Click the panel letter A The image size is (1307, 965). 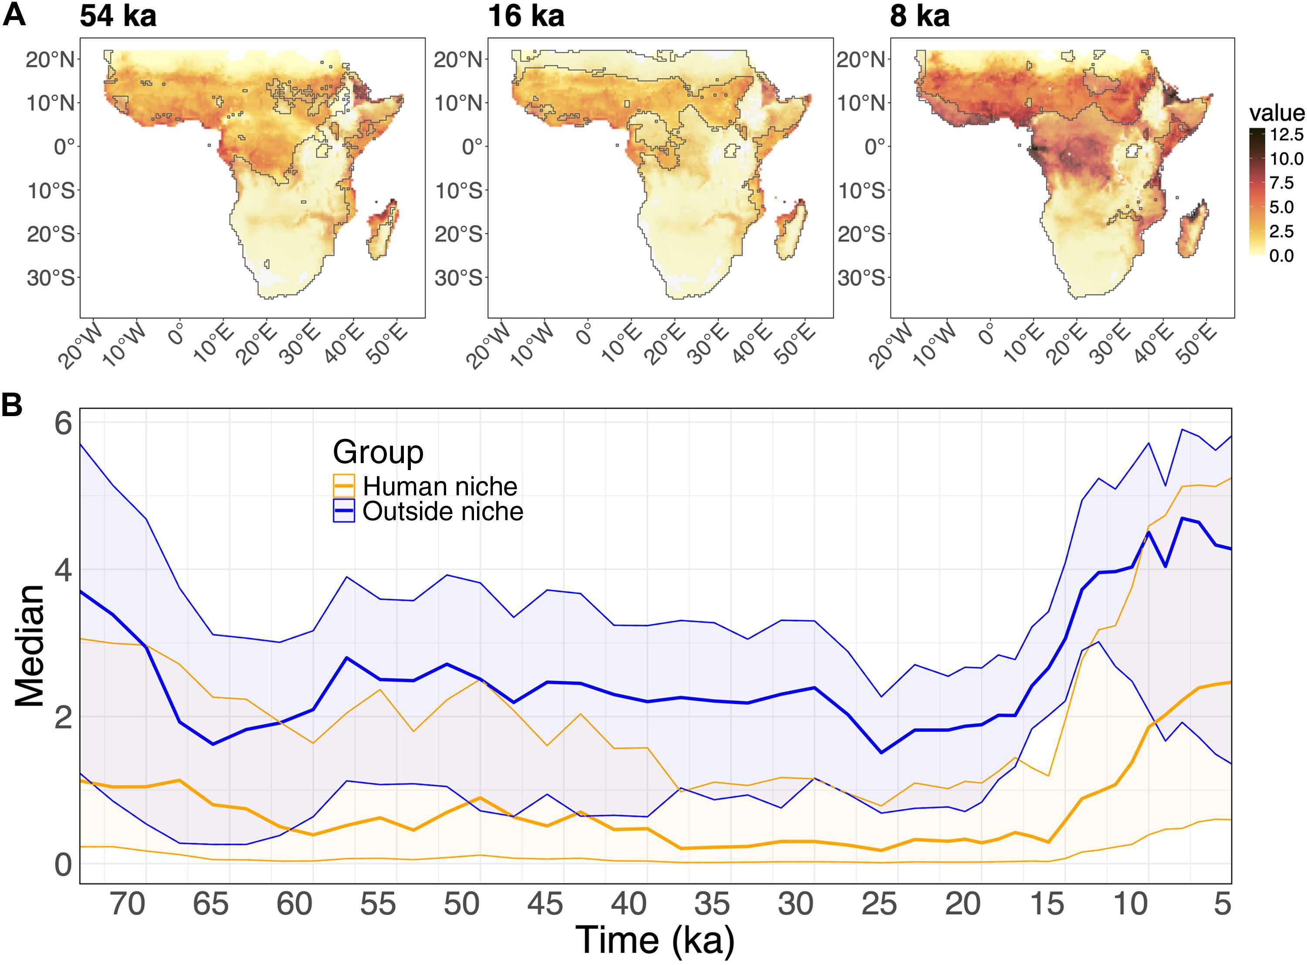[x=14, y=15]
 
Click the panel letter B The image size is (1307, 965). [x=12, y=405]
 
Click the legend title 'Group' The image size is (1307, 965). [x=378, y=451]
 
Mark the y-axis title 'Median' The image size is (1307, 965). [x=29, y=646]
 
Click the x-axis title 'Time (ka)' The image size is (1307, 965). [x=655, y=939]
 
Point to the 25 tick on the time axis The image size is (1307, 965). [x=879, y=904]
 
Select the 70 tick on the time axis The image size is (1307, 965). [x=127, y=904]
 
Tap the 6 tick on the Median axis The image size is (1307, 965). [x=63, y=422]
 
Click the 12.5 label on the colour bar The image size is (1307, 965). [x=1286, y=135]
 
